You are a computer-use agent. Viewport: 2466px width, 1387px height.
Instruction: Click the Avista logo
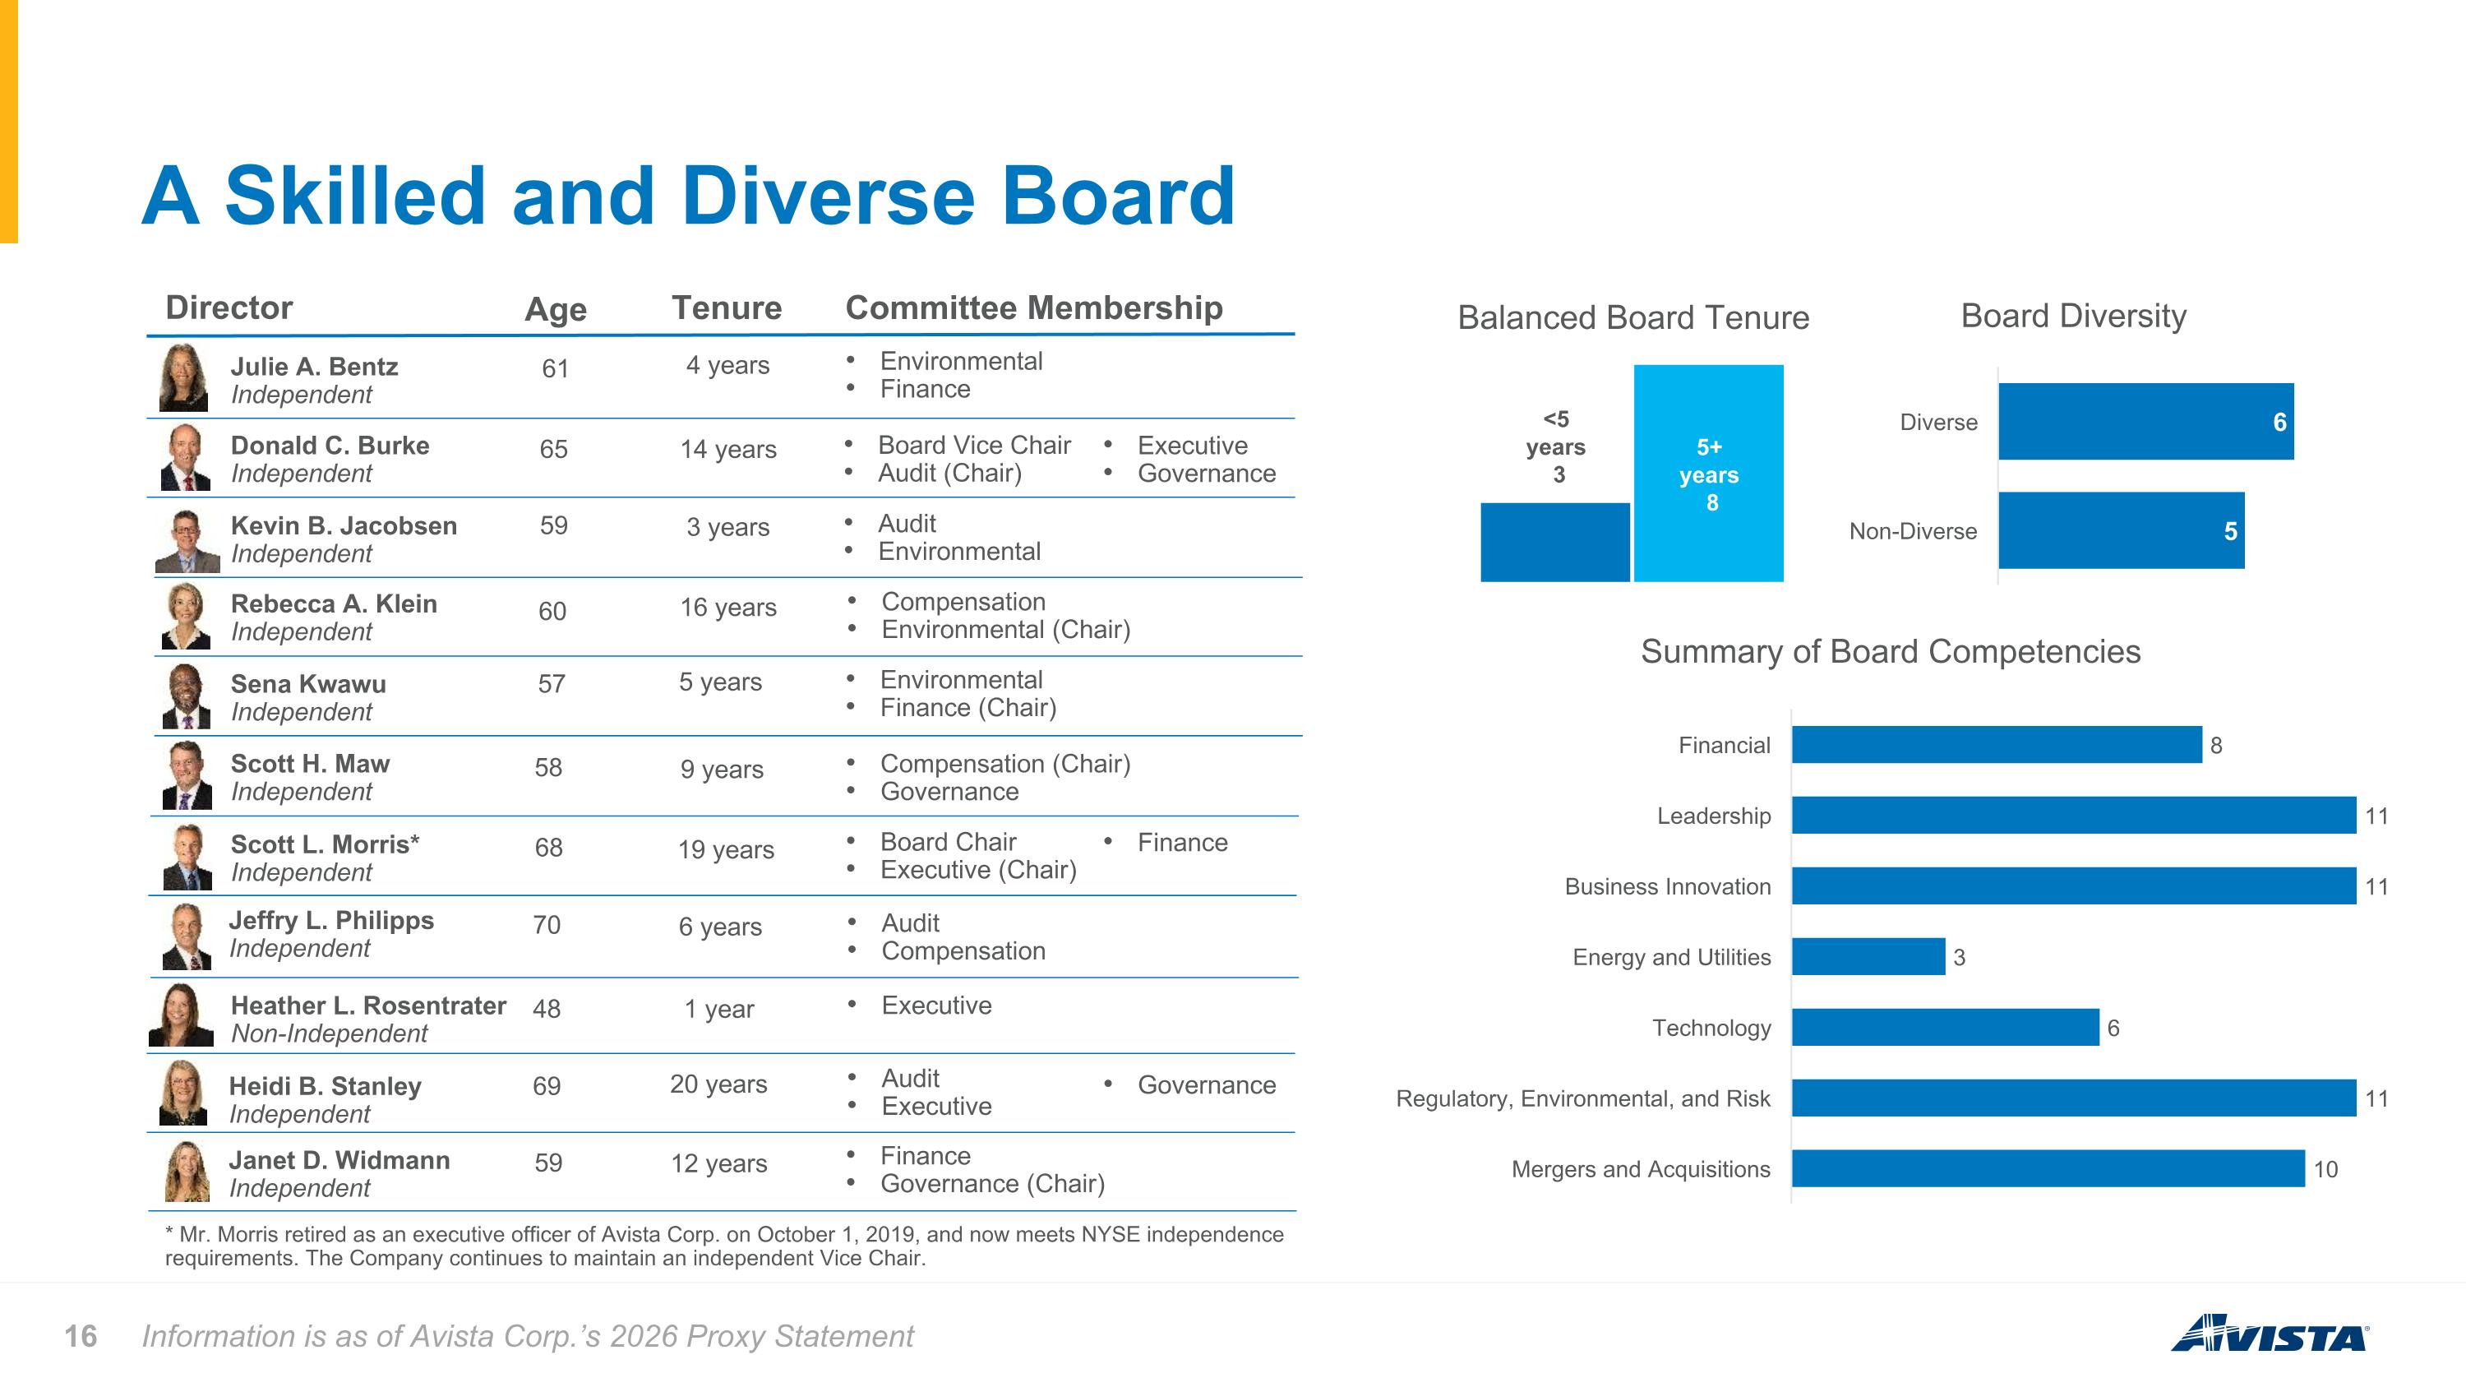point(2270,1333)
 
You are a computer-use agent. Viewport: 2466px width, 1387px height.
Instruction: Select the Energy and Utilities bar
point(1868,956)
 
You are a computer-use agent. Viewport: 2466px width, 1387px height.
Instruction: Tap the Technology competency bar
point(1945,1027)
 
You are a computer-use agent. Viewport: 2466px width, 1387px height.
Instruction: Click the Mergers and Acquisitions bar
point(2048,1169)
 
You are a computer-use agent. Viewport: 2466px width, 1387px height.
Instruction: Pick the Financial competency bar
point(1997,745)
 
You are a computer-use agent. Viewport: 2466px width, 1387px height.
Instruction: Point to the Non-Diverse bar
point(2122,530)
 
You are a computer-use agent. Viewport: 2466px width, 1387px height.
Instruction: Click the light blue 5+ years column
point(1709,473)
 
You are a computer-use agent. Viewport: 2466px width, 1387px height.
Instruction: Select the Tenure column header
point(727,308)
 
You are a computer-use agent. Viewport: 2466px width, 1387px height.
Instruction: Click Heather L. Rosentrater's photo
point(181,1015)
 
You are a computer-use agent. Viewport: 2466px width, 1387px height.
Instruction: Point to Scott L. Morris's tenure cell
point(726,850)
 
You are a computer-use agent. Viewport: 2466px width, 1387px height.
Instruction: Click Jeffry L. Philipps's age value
point(547,925)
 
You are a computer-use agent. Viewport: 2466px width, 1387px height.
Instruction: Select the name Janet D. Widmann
point(339,1160)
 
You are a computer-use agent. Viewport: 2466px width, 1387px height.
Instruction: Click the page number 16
point(81,1336)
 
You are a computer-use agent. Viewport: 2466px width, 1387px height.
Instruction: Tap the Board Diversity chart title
point(2074,316)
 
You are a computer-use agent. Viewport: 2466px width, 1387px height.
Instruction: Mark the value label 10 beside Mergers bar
point(2325,1170)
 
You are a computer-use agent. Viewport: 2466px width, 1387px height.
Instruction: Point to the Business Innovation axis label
point(1668,886)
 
